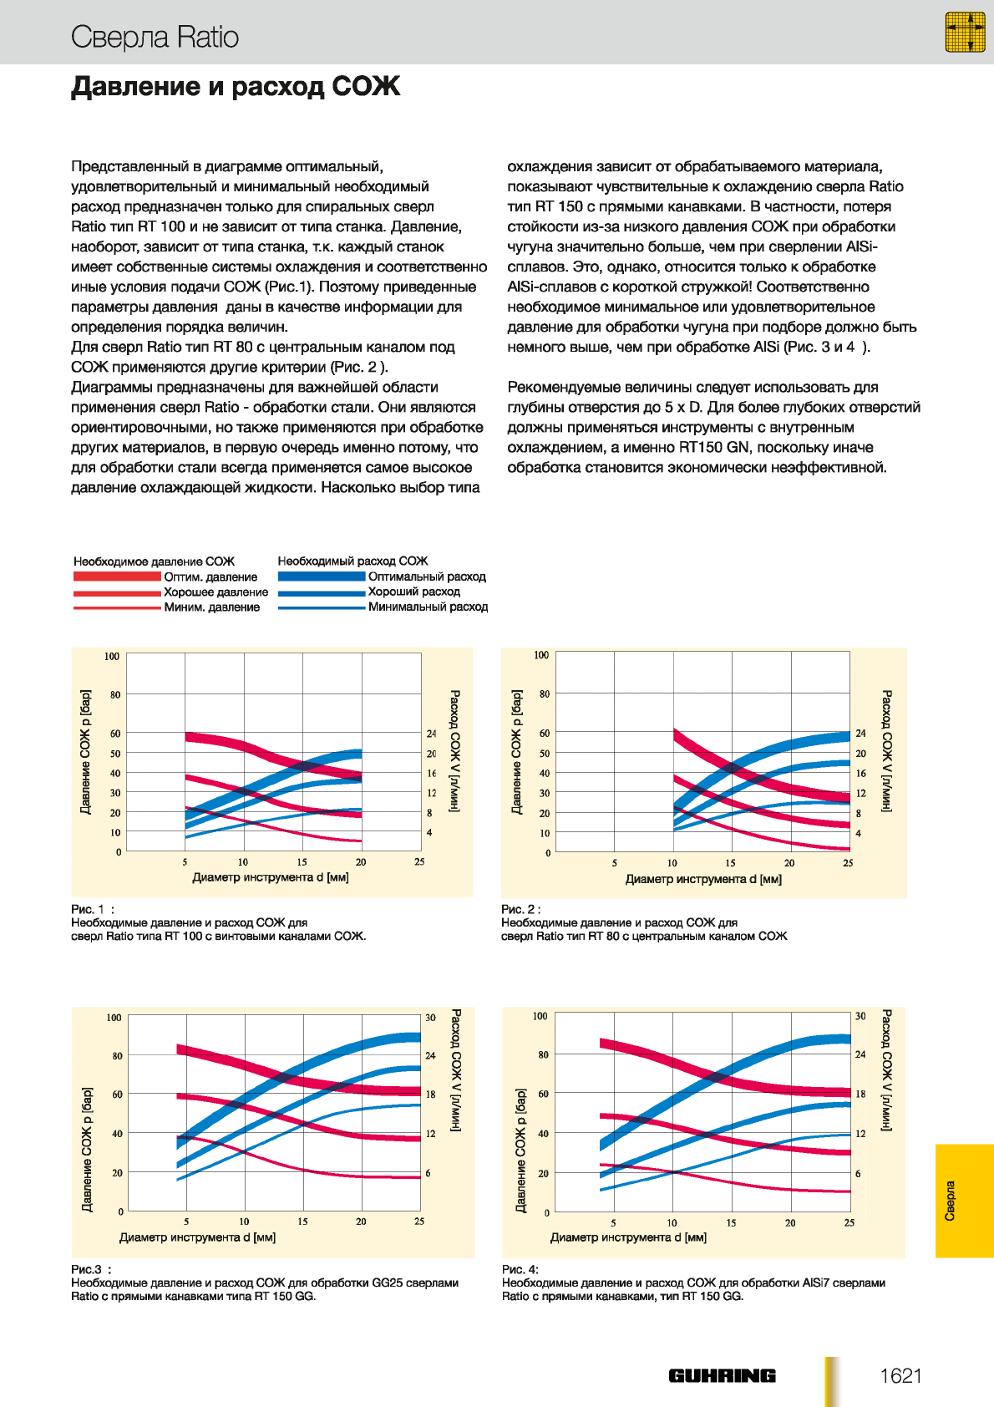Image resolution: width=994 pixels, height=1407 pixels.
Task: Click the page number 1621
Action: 900,1375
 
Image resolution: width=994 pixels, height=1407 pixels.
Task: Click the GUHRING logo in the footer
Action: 722,1375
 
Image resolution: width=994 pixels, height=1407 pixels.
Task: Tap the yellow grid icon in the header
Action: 965,32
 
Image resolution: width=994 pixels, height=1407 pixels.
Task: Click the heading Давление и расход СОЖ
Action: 236,86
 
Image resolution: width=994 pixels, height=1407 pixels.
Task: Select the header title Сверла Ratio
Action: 155,37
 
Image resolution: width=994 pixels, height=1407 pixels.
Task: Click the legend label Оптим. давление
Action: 210,577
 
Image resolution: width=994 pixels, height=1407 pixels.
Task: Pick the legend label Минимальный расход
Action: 428,607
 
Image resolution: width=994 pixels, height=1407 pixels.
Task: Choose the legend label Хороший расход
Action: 413,592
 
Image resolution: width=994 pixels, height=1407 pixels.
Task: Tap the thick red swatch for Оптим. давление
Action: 117,577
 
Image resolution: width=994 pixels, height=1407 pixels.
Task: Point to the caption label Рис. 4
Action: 520,1269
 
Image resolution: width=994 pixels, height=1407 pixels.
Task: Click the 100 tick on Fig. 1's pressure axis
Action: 112,657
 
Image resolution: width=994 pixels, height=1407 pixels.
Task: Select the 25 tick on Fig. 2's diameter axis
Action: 848,863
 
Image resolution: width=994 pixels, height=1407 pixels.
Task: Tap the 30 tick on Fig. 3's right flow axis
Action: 430,1018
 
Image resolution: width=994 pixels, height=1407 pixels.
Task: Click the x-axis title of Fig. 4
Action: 628,1237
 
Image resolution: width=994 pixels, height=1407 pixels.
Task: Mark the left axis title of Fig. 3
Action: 87,1150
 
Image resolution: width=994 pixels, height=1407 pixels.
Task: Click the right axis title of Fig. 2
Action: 886,750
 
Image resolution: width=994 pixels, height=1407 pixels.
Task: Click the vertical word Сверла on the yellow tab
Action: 950,1201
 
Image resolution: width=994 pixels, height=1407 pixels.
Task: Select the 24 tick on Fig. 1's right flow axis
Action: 431,733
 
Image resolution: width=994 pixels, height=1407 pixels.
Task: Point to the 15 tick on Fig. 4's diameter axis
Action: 731,1223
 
